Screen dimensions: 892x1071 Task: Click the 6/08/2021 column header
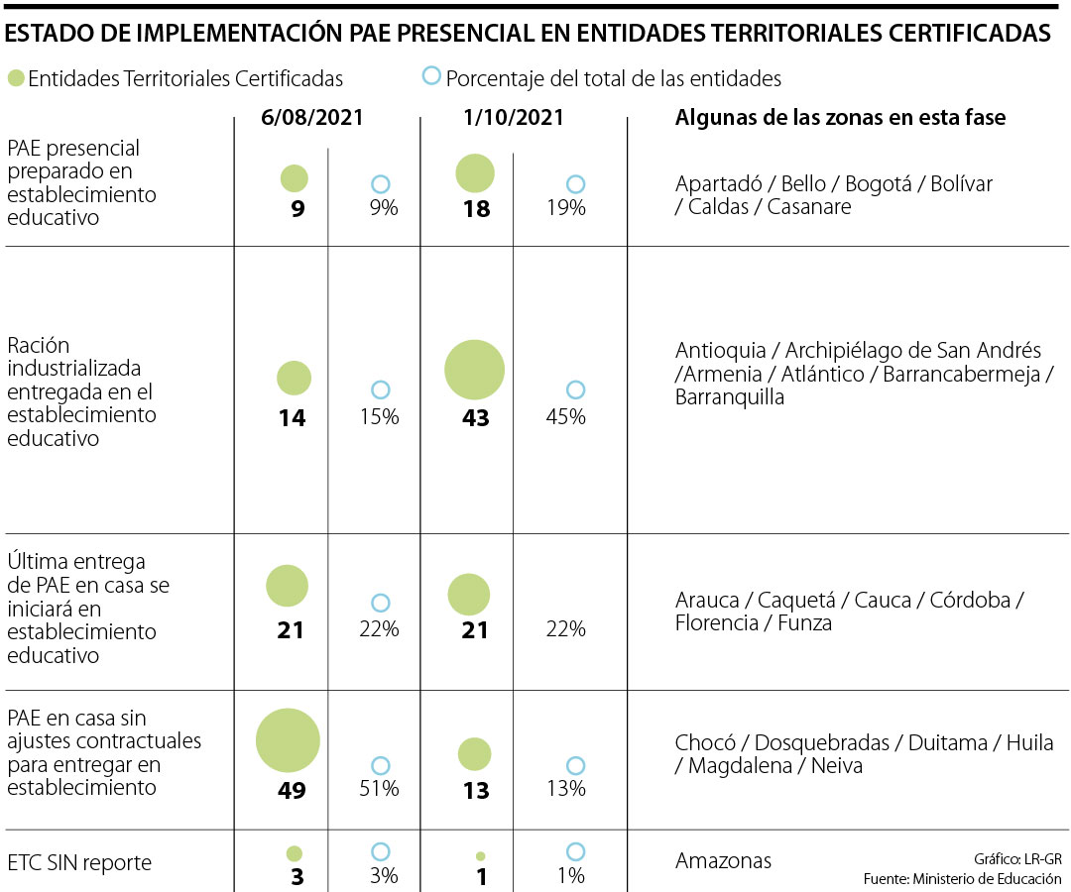coord(312,117)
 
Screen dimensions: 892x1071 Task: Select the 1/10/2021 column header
coord(514,117)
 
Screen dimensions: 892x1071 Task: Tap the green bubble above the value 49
coord(288,740)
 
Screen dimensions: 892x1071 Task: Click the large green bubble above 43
coord(474,369)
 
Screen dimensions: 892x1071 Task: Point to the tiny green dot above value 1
coord(481,855)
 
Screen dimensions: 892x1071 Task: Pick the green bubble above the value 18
coord(475,173)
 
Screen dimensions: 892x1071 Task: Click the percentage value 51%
coord(380,789)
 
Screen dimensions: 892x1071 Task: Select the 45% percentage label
coord(566,417)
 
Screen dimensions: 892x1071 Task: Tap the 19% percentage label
coord(566,208)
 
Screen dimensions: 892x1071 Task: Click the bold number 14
coord(292,418)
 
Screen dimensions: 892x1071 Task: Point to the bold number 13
coord(476,790)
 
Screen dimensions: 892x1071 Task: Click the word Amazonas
coord(723,861)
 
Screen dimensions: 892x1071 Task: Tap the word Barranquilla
coord(730,397)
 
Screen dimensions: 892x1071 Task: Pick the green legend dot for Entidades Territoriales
coord(15,78)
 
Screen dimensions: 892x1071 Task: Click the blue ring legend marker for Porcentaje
coord(430,76)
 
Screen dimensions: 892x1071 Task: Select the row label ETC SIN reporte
coord(79,863)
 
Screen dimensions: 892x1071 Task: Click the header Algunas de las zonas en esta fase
coord(840,118)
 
